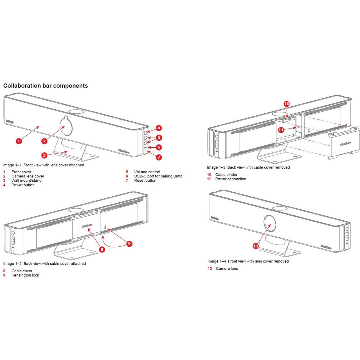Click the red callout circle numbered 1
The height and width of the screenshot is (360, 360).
19,141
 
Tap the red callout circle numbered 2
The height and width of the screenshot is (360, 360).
44,141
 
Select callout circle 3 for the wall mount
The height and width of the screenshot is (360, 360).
44,155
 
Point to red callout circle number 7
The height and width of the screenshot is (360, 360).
159,157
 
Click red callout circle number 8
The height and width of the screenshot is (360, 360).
102,249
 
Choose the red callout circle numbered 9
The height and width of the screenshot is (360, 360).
129,244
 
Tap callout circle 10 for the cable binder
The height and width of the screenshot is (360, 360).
286,104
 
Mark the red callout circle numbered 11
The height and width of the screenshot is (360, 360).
281,130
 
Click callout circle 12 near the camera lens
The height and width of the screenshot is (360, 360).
256,246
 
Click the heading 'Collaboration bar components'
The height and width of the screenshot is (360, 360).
46,86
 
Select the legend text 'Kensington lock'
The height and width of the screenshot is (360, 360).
25,275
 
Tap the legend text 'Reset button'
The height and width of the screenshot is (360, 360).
145,181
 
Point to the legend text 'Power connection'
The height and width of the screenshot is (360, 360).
231,179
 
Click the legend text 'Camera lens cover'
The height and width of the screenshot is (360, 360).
28,176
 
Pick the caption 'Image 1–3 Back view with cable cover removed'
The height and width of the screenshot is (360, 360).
248,168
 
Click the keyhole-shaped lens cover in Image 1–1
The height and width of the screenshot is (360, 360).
66,125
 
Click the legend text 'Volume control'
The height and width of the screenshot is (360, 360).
147,172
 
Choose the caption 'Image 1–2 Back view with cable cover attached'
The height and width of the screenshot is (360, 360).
44,264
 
